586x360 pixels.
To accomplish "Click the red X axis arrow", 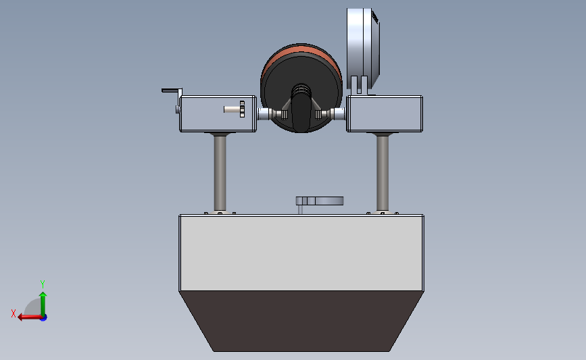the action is click(x=30, y=317).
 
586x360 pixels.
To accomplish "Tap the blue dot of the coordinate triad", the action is click(x=44, y=318).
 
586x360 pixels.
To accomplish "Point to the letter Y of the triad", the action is click(x=42, y=284).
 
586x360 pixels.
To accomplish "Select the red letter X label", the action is click(x=14, y=313).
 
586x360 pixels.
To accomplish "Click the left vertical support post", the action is click(x=220, y=173).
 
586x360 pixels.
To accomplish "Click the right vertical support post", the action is click(x=383, y=173).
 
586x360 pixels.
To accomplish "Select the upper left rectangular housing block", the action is click(x=218, y=113).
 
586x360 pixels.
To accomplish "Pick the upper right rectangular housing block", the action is click(x=385, y=113).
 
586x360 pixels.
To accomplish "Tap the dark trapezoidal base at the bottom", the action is click(x=301, y=321).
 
